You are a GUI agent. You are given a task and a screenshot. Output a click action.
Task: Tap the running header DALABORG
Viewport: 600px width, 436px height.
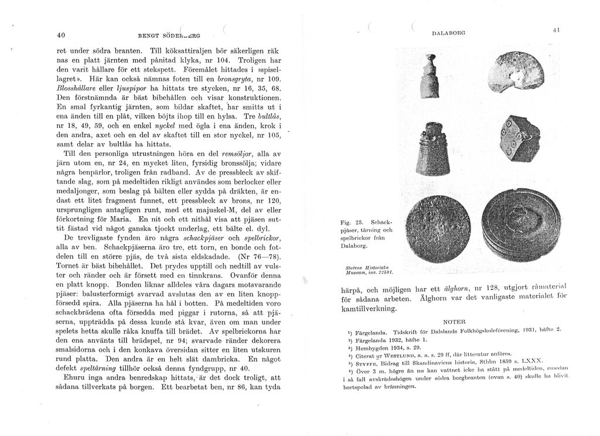click(449, 33)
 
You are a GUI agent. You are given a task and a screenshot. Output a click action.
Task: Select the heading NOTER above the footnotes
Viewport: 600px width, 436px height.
click(455, 322)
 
